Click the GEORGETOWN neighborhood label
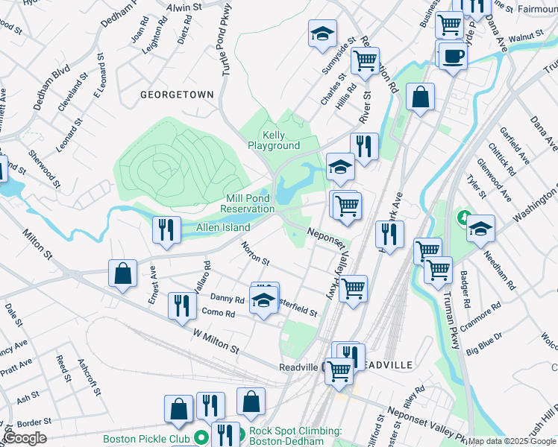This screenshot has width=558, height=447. click(177, 95)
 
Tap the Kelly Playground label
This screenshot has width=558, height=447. click(275, 140)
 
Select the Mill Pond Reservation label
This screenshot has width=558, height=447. click(251, 203)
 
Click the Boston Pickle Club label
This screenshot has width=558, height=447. click(146, 438)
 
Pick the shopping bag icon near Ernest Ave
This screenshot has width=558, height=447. click(122, 273)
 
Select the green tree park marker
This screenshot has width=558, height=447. click(463, 219)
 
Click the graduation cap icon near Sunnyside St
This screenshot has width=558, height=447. click(322, 34)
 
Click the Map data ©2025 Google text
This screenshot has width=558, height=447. click(511, 441)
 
